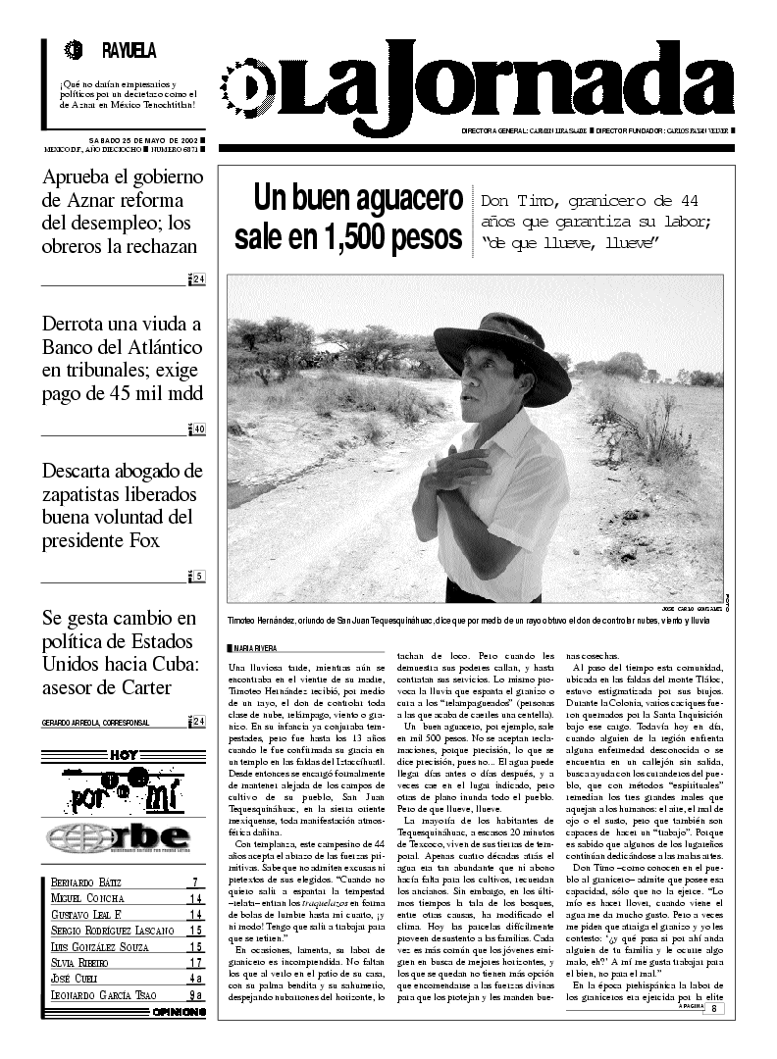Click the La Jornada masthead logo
point(481,83)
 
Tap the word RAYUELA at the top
point(129,51)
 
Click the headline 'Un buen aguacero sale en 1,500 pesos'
point(347,218)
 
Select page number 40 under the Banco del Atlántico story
point(198,429)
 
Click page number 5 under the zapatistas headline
point(199,576)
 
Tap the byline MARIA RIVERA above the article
point(254,648)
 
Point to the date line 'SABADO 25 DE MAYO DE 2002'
point(143,140)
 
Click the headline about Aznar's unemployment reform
point(123,212)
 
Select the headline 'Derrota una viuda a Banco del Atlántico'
point(123,359)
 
